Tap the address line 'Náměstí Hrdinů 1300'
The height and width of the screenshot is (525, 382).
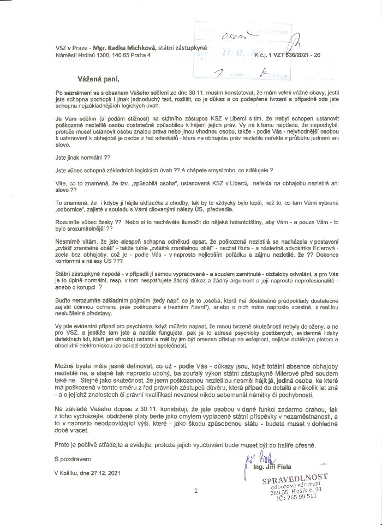coord(82,56)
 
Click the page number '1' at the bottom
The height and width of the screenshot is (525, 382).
coord(195,491)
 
